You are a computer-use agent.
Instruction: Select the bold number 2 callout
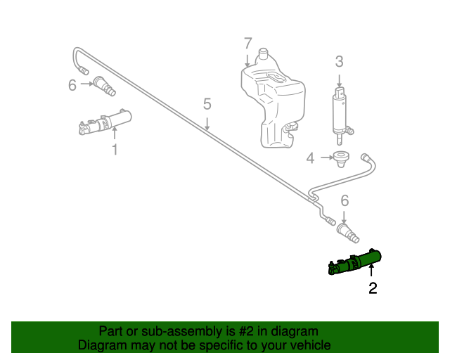[x=373, y=288]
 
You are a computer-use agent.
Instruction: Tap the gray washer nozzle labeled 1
[x=105, y=122]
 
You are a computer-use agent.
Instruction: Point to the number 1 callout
[x=115, y=149]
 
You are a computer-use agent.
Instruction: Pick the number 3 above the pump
[x=339, y=61]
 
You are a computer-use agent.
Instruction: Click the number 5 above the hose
[x=207, y=105]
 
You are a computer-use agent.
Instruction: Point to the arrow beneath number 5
[x=207, y=125]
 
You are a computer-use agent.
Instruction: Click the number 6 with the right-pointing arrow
[x=72, y=85]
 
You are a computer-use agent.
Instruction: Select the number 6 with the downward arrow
[x=345, y=200]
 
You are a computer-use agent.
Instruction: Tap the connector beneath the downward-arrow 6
[x=348, y=231]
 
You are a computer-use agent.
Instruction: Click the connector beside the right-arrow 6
[x=104, y=86]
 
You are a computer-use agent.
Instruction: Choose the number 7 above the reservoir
[x=247, y=44]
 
